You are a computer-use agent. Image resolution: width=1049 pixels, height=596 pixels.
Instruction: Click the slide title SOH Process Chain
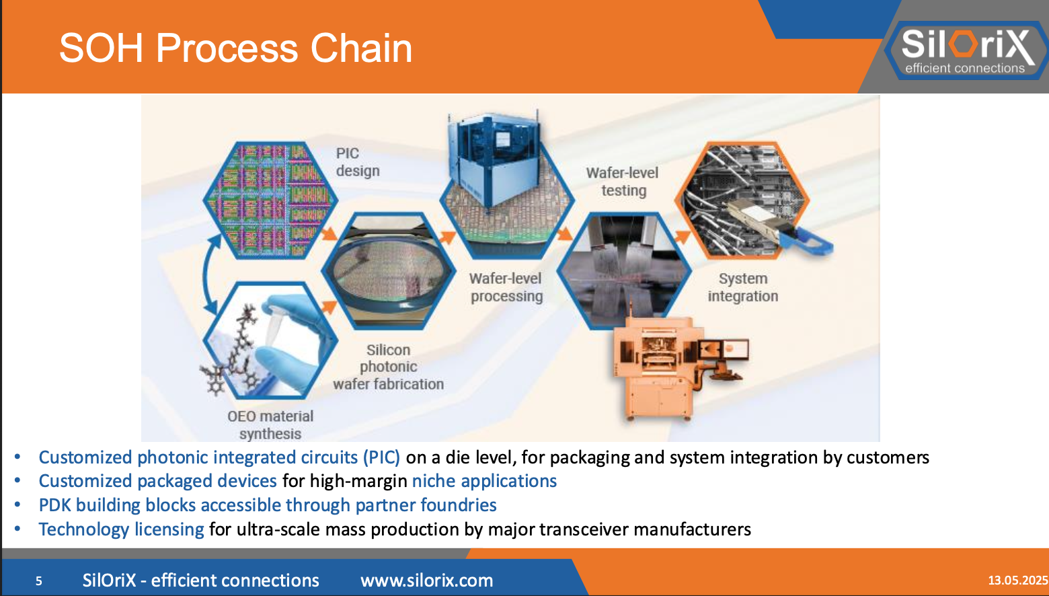[235, 48]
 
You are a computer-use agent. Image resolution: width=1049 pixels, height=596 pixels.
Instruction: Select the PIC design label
[357, 162]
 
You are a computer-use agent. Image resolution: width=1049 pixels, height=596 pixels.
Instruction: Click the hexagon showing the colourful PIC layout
[270, 200]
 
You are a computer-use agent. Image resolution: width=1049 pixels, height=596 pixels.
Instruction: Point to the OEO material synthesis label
[270, 424]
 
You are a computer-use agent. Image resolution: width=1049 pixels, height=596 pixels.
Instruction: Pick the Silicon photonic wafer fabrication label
[388, 367]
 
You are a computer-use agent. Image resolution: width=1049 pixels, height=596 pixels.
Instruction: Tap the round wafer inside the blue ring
[388, 271]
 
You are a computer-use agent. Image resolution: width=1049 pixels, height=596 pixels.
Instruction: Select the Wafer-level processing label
[506, 287]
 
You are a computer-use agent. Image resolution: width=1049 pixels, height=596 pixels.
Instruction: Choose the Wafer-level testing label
[623, 182]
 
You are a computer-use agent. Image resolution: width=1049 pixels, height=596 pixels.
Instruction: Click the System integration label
[743, 287]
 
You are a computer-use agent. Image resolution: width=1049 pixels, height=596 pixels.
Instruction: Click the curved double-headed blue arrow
[205, 274]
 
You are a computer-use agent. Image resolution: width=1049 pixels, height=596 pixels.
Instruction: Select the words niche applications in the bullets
[484, 481]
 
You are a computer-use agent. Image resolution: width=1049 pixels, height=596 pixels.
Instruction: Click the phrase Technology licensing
[121, 529]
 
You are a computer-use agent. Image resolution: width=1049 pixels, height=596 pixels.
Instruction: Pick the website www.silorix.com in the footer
[426, 580]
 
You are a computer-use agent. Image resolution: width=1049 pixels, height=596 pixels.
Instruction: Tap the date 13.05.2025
[1018, 580]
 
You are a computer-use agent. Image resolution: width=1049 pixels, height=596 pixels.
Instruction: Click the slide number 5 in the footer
[39, 581]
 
